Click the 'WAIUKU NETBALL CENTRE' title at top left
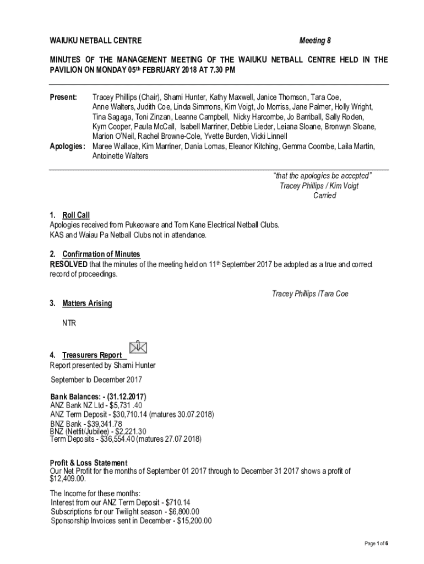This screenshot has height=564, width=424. pos(96,41)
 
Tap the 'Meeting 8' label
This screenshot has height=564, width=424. pos(315,41)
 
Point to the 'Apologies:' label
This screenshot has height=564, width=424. pos(67,147)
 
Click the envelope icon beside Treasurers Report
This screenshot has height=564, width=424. pos(138,347)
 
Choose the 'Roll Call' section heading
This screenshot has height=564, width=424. pos(76,215)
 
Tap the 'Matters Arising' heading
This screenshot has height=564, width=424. pos(87,303)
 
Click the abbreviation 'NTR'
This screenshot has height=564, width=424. pos(69,323)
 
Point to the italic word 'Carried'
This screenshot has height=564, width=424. pos(325,196)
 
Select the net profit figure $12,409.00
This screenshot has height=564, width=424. pos(68,479)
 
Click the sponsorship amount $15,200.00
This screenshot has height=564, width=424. pos(194,521)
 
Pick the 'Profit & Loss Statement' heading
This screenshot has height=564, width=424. pos(89,463)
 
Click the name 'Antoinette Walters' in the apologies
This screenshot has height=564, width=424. pos(120,156)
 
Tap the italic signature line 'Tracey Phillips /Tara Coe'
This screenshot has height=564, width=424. pos(310,294)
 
